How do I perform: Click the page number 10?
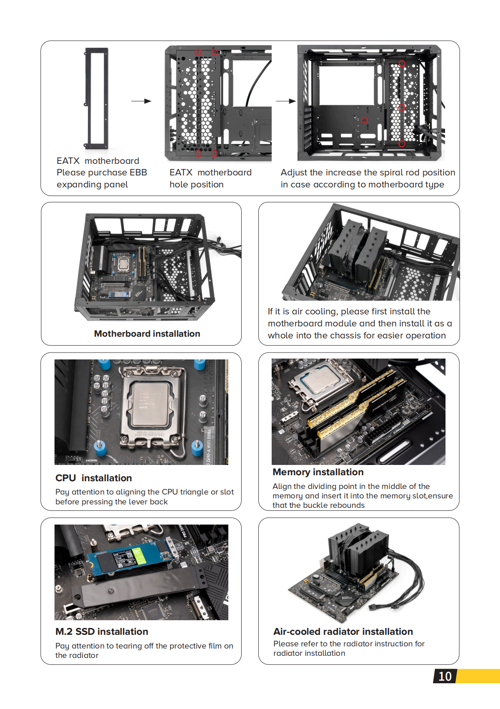445,676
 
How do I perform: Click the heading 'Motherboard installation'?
147,334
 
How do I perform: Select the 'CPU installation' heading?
94,478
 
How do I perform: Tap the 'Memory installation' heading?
318,472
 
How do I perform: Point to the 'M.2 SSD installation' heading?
102,631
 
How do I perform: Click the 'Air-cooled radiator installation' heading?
343,631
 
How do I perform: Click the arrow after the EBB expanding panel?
141,101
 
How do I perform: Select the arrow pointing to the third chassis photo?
286,101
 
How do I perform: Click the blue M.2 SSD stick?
129,557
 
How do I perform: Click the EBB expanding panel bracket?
97,98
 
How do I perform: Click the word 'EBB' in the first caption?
138,172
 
